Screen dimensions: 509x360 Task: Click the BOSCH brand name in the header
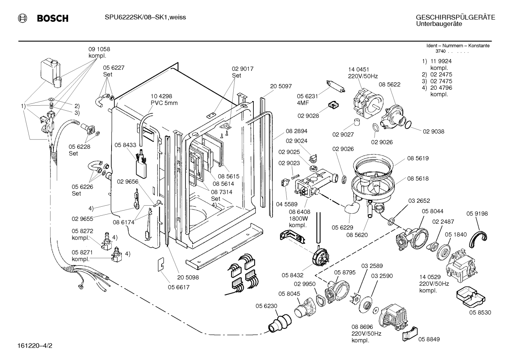[53, 18]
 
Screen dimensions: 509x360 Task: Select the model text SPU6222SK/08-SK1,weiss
[145, 17]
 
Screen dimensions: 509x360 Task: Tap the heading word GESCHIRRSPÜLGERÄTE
[455, 17]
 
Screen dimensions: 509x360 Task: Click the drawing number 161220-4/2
[35, 346]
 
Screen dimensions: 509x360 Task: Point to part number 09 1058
[99, 49]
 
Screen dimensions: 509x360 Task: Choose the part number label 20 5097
[281, 86]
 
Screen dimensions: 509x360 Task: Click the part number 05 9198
[477, 213]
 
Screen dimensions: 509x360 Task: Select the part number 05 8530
[480, 312]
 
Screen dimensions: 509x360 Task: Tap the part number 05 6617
[179, 287]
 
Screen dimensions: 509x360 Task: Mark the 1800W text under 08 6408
[298, 219]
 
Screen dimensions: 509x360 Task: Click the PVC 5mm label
[164, 103]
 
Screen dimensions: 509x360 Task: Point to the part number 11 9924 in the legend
[441, 61]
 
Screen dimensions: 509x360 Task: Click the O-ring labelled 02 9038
[408, 124]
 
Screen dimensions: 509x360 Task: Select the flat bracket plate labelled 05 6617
[161, 265]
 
